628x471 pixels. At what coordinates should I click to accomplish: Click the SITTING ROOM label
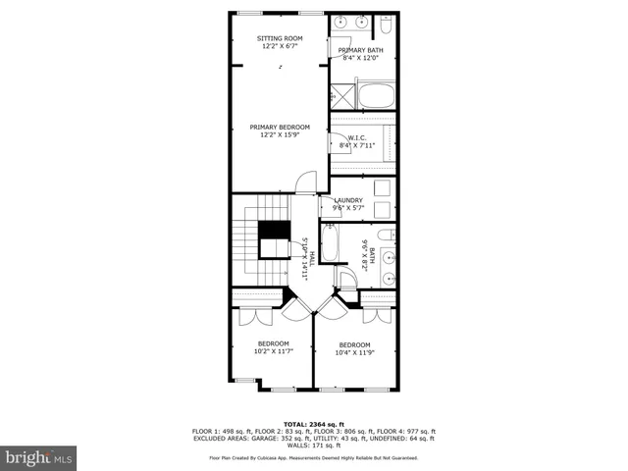coord(279,38)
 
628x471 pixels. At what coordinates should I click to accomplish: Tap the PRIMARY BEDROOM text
coord(279,127)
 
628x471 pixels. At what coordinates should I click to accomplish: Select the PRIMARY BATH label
coord(360,50)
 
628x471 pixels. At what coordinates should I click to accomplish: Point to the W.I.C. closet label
coord(357,138)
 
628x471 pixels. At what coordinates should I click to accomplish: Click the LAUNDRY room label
coord(347,200)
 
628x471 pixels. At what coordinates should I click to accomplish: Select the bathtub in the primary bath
coord(375,97)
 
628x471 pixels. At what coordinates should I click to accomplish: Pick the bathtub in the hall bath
coord(330,244)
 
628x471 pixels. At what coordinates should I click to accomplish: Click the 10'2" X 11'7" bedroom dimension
coord(273,351)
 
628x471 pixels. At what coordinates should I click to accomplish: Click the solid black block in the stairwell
coord(275,230)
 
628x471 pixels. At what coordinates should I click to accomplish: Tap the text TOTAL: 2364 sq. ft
coord(314,424)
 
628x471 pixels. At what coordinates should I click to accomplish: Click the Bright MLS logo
coord(39,457)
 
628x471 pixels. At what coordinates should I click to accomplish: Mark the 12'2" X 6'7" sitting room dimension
coord(279,46)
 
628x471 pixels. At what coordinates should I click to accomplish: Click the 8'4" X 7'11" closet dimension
coord(357,146)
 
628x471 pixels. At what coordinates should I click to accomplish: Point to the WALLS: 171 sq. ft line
coord(314,446)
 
